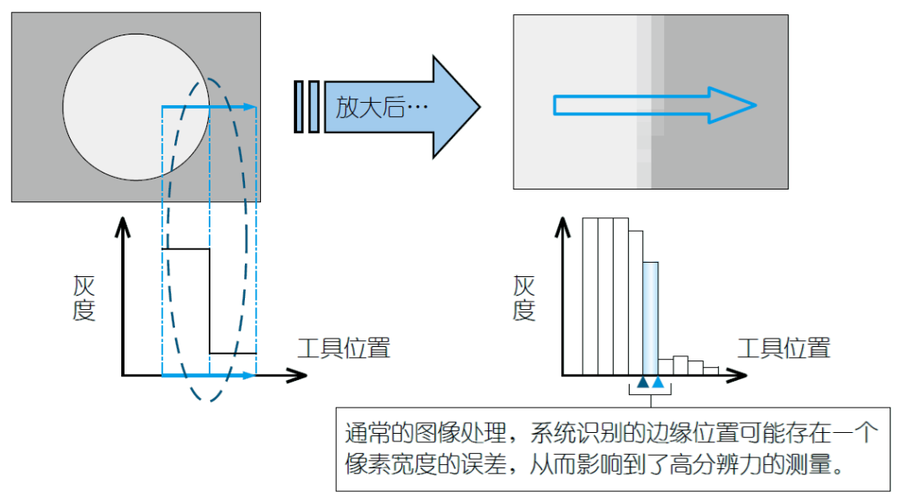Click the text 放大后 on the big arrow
click(370, 107)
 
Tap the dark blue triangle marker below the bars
click(644, 383)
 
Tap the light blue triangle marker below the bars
click(658, 383)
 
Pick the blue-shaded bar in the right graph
click(651, 317)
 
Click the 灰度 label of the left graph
click(84, 298)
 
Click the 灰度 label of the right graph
click(524, 298)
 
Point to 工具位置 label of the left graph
click(343, 347)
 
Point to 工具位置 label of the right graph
click(783, 347)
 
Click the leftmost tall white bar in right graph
click(590, 295)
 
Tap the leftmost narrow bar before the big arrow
click(299, 107)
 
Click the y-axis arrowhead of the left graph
click(123, 224)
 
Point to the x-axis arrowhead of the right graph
click(738, 375)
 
